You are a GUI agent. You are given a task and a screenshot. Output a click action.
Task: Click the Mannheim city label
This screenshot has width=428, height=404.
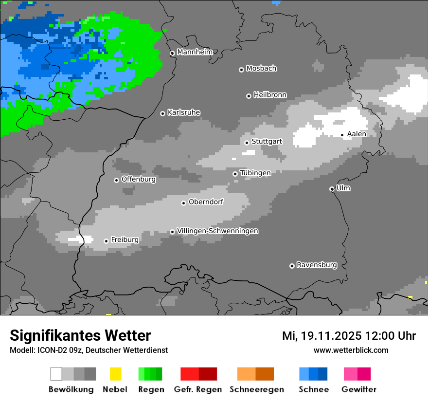(x=195, y=52)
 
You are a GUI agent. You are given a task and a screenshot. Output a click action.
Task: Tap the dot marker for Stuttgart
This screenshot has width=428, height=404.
(x=247, y=143)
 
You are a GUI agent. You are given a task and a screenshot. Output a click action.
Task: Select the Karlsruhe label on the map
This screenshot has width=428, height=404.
(x=183, y=112)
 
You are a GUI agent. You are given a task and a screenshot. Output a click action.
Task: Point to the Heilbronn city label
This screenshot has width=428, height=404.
(x=270, y=95)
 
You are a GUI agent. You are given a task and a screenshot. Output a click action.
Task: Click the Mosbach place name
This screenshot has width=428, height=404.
(x=261, y=69)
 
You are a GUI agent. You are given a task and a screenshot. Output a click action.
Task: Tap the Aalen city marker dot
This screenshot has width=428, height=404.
(x=342, y=135)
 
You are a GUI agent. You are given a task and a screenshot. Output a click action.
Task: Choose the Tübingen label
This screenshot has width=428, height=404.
(x=255, y=173)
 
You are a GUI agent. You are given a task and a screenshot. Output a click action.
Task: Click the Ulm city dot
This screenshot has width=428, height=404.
(x=332, y=189)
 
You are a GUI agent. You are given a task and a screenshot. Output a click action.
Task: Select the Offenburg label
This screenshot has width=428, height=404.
(x=138, y=179)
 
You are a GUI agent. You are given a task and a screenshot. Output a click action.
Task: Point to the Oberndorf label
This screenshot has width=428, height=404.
(x=206, y=202)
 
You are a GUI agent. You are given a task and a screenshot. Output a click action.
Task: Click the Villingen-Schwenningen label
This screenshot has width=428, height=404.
(x=217, y=231)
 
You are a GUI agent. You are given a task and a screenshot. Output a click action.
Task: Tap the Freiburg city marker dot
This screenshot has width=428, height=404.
(x=106, y=241)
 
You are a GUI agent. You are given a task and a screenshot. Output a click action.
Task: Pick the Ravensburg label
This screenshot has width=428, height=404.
(x=317, y=265)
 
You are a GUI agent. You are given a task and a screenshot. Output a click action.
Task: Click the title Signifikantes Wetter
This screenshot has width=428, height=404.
(x=80, y=335)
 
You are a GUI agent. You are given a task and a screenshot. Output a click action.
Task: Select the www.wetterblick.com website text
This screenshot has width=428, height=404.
(x=351, y=350)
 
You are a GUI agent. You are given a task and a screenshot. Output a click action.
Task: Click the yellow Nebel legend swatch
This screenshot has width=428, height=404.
(x=115, y=374)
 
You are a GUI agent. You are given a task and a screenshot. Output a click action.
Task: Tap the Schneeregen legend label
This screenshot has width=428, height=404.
(x=256, y=389)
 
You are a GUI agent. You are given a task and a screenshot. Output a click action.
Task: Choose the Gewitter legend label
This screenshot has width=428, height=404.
(x=358, y=389)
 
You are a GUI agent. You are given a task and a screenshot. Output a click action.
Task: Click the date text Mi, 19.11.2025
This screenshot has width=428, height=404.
(x=321, y=336)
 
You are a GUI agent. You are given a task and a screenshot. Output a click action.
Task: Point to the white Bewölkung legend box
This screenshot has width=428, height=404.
(x=56, y=374)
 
